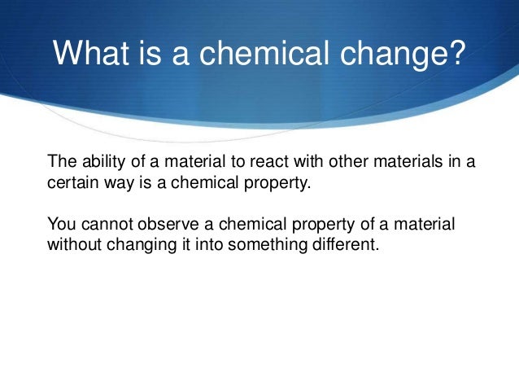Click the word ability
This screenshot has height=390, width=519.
pos(98,160)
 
